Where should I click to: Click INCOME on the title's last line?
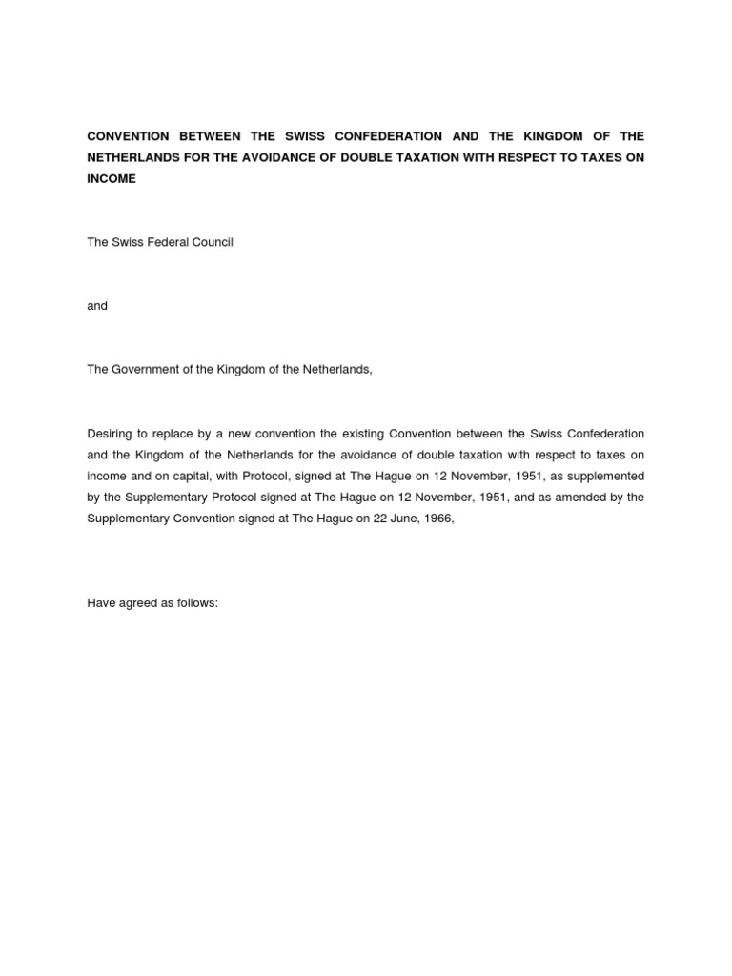(x=112, y=178)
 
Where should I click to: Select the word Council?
(x=213, y=242)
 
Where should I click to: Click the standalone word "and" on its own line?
(x=97, y=306)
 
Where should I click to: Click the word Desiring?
(x=110, y=434)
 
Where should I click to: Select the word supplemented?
(x=606, y=476)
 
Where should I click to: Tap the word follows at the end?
(x=197, y=603)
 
